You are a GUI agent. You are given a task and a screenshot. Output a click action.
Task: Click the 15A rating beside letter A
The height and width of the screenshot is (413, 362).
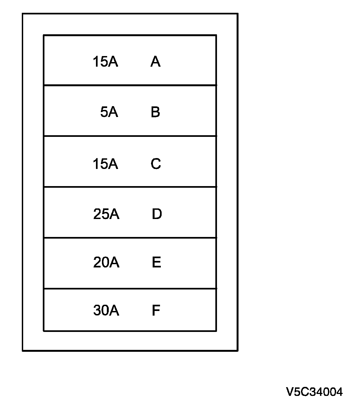coord(105,61)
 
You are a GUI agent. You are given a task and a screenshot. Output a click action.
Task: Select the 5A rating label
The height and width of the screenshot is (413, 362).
coord(109,112)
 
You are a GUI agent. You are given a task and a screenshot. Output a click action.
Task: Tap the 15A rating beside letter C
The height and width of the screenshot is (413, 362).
coord(105,164)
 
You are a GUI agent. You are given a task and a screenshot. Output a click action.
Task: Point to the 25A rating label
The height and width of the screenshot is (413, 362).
coord(106,214)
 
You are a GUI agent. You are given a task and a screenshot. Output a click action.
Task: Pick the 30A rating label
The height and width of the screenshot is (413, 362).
coord(106,310)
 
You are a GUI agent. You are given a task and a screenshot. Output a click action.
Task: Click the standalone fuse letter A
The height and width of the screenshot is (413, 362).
coord(155,61)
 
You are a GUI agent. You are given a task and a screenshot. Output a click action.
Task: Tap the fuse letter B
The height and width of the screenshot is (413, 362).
coord(155,112)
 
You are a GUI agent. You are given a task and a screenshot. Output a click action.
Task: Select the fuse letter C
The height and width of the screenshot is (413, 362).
coord(156,164)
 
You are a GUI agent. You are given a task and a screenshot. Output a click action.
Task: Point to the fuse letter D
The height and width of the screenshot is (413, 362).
coord(157,214)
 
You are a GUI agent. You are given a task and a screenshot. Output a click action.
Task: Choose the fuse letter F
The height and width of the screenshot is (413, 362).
coord(156,310)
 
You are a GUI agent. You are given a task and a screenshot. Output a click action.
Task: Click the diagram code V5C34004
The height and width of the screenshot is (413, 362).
coord(314,392)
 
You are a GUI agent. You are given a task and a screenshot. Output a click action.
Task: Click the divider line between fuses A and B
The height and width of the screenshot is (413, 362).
coord(130,85)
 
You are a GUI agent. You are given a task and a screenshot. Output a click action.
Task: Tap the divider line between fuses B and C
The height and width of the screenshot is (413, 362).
coord(130,136)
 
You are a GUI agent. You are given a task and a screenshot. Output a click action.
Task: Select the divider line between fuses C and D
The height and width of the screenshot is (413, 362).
coord(130,187)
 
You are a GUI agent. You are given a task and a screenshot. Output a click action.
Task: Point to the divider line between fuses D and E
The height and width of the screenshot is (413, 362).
coord(130,238)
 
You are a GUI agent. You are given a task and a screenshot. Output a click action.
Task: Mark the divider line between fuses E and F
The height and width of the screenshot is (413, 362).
coord(130,288)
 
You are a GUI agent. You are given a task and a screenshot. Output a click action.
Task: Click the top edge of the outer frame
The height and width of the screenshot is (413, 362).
coord(130,14)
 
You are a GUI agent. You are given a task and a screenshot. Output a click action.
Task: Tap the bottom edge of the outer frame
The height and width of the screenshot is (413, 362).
coord(130,351)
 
